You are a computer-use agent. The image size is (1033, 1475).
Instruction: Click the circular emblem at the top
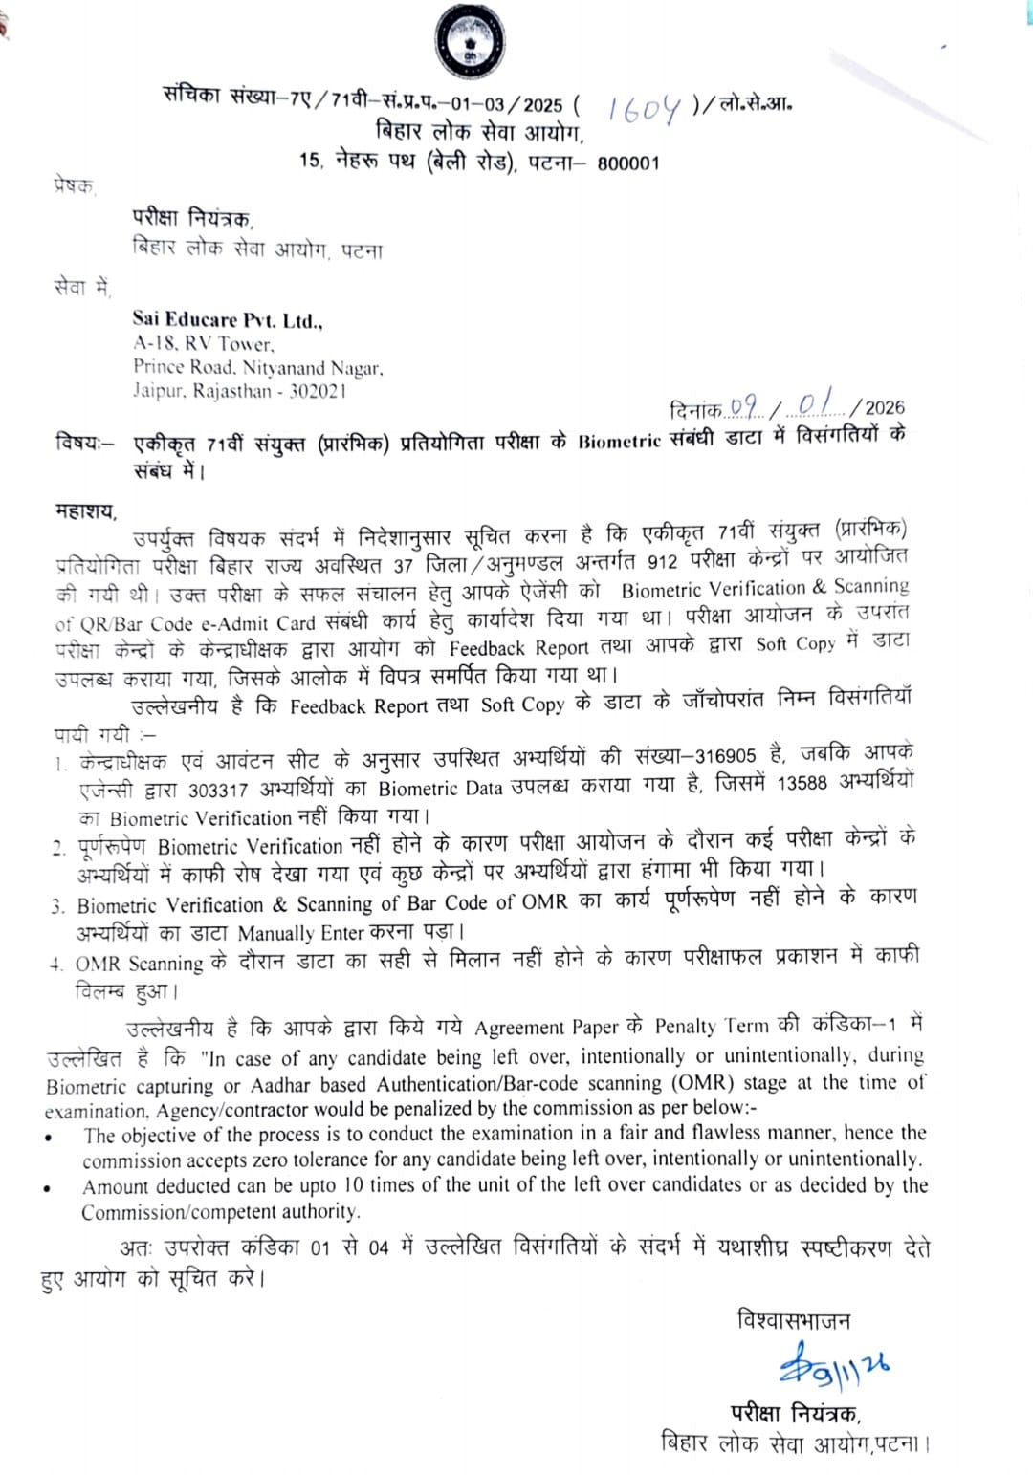coord(470,42)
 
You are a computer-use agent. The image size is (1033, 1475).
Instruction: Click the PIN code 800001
coord(628,163)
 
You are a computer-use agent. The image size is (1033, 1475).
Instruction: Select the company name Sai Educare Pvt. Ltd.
coord(228,320)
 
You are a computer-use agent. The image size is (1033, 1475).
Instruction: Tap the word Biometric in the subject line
coord(619,441)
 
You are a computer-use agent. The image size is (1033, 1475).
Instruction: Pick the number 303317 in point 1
coord(217,791)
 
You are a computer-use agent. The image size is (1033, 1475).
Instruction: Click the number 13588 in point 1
coord(802,784)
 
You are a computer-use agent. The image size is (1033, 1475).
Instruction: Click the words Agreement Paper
coord(547,1028)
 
